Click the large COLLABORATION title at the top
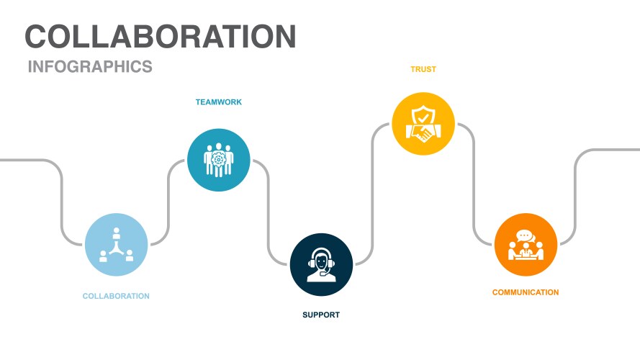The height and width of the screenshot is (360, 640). (160, 37)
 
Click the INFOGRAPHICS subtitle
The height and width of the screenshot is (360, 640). (90, 67)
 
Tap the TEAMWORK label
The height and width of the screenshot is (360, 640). (219, 102)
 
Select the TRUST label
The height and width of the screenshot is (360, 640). (423, 70)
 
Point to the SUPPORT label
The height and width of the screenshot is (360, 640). (321, 315)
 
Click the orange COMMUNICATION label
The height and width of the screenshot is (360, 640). (526, 292)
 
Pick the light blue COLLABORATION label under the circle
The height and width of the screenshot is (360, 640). (116, 296)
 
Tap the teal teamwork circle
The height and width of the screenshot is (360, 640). (219, 160)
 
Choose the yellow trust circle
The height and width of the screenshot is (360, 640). (423, 123)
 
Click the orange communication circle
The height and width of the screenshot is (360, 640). (526, 245)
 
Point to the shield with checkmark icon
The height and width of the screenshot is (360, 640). (423, 115)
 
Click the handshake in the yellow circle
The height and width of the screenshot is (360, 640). (423, 132)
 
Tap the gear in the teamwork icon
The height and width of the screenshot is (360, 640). (219, 157)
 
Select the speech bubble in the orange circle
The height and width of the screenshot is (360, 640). (524, 235)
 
